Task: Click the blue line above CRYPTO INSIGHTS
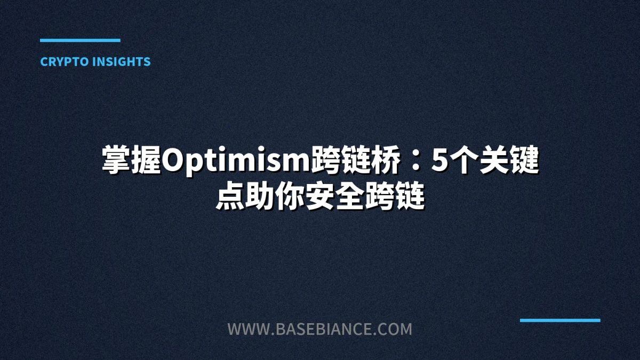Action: coord(80,40)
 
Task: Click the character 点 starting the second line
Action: coord(230,198)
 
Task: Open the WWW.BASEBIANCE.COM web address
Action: coord(319,329)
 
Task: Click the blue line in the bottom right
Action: coord(560,320)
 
